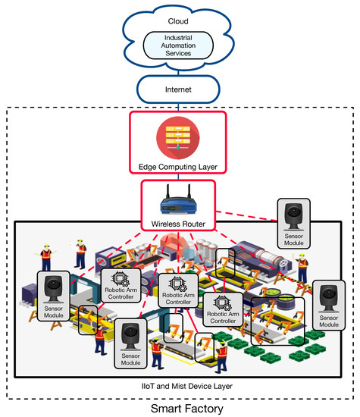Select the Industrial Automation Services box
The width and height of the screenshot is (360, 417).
point(179,46)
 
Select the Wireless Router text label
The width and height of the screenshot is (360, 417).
point(179,223)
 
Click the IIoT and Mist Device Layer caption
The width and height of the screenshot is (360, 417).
point(179,387)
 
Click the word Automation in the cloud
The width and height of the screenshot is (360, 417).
point(179,46)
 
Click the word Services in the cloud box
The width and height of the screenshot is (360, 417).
point(179,55)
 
